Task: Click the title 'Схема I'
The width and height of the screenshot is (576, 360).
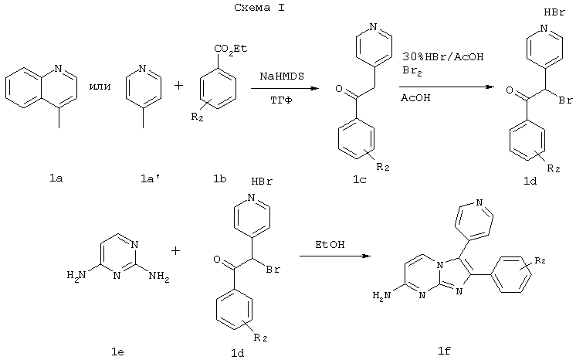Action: pyautogui.click(x=259, y=8)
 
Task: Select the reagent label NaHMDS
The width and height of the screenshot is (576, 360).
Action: pyautogui.click(x=282, y=76)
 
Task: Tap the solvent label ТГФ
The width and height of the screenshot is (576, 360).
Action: pyautogui.click(x=281, y=100)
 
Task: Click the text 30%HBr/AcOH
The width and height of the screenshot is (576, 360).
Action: pyautogui.click(x=443, y=56)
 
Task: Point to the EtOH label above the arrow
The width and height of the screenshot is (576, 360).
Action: pyautogui.click(x=330, y=245)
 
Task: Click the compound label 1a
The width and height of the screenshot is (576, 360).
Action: pyautogui.click(x=56, y=178)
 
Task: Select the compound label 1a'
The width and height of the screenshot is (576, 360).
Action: pyautogui.click(x=149, y=179)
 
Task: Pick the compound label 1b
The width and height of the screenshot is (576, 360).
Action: pyautogui.click(x=220, y=179)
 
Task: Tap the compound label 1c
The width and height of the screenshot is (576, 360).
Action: pyautogui.click(x=360, y=180)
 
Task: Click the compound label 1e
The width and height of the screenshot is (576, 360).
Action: pyautogui.click(x=117, y=352)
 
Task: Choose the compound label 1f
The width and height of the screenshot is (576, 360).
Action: pyautogui.click(x=445, y=352)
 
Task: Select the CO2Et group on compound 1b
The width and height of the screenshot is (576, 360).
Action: pyautogui.click(x=231, y=49)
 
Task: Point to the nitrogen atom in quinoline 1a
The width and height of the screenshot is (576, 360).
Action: pyautogui.click(x=58, y=69)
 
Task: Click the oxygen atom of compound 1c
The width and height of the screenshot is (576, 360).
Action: pyautogui.click(x=339, y=89)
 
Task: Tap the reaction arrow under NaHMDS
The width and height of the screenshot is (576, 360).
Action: pyautogui.click(x=285, y=88)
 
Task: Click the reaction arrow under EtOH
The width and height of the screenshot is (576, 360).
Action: pyautogui.click(x=334, y=256)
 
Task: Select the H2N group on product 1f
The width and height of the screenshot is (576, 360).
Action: pyautogui.click(x=381, y=295)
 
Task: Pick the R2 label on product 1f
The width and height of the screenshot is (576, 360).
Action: pyautogui.click(x=540, y=261)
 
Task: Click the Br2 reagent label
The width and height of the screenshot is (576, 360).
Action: pyautogui.click(x=412, y=70)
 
